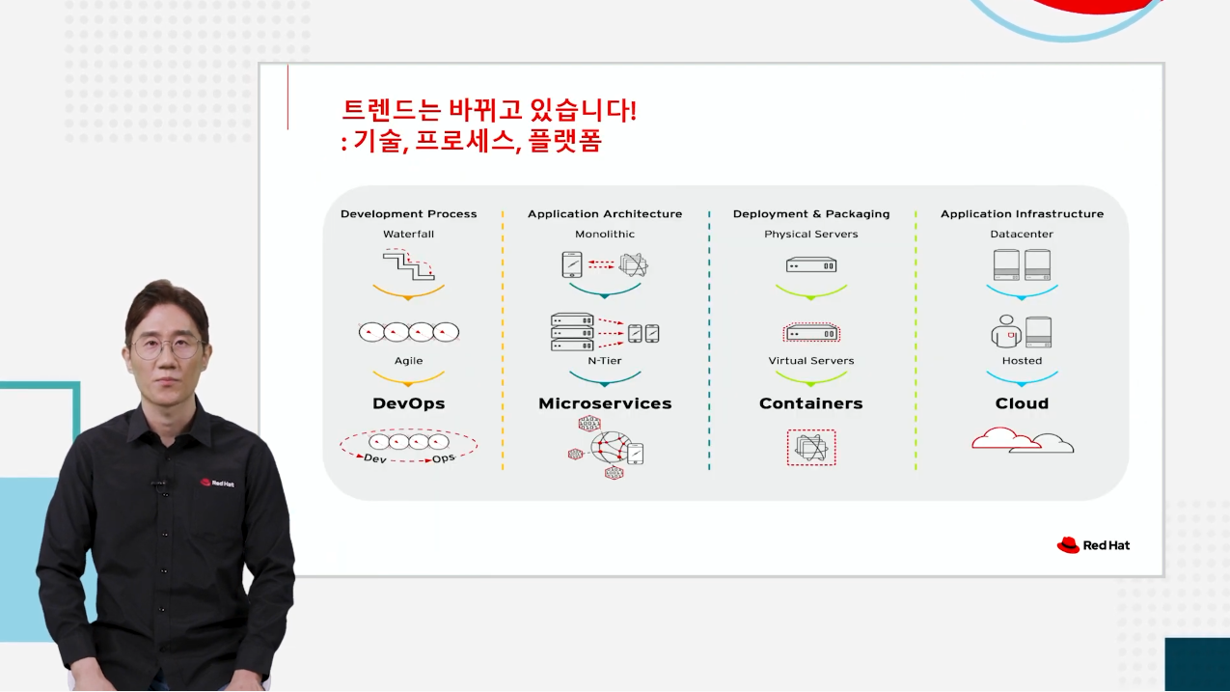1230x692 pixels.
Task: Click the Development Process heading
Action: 408,213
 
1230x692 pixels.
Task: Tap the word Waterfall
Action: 408,234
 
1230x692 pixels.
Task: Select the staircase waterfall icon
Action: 408,264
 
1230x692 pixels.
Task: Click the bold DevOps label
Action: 408,403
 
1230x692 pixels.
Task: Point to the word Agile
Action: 408,361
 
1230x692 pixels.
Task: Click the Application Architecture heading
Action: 605,213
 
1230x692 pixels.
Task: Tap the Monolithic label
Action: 605,234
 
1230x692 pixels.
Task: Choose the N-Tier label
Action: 605,361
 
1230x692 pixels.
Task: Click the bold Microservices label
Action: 605,403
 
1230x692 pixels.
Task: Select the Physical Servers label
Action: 811,234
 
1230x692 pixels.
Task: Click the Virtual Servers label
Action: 811,361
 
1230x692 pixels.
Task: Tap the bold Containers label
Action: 811,403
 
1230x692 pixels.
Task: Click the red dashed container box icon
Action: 811,448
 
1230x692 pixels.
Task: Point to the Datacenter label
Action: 1022,234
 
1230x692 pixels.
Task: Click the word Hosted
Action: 1022,361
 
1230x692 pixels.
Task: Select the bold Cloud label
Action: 1022,403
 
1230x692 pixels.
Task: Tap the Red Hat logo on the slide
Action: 1093,544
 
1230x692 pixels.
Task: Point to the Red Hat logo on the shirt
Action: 217,483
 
